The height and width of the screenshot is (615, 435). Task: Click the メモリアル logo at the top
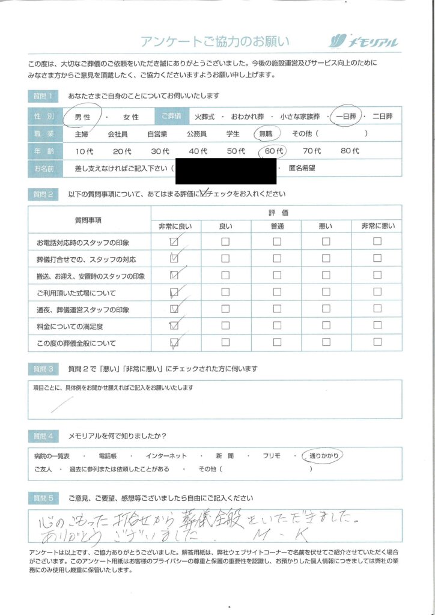click(364, 41)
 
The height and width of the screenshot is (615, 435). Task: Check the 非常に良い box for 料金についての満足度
click(175, 326)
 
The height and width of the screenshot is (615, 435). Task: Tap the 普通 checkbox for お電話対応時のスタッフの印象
click(277, 241)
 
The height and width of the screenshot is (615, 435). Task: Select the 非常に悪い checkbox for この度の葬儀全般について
click(377, 343)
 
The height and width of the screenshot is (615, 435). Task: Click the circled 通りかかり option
click(324, 456)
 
